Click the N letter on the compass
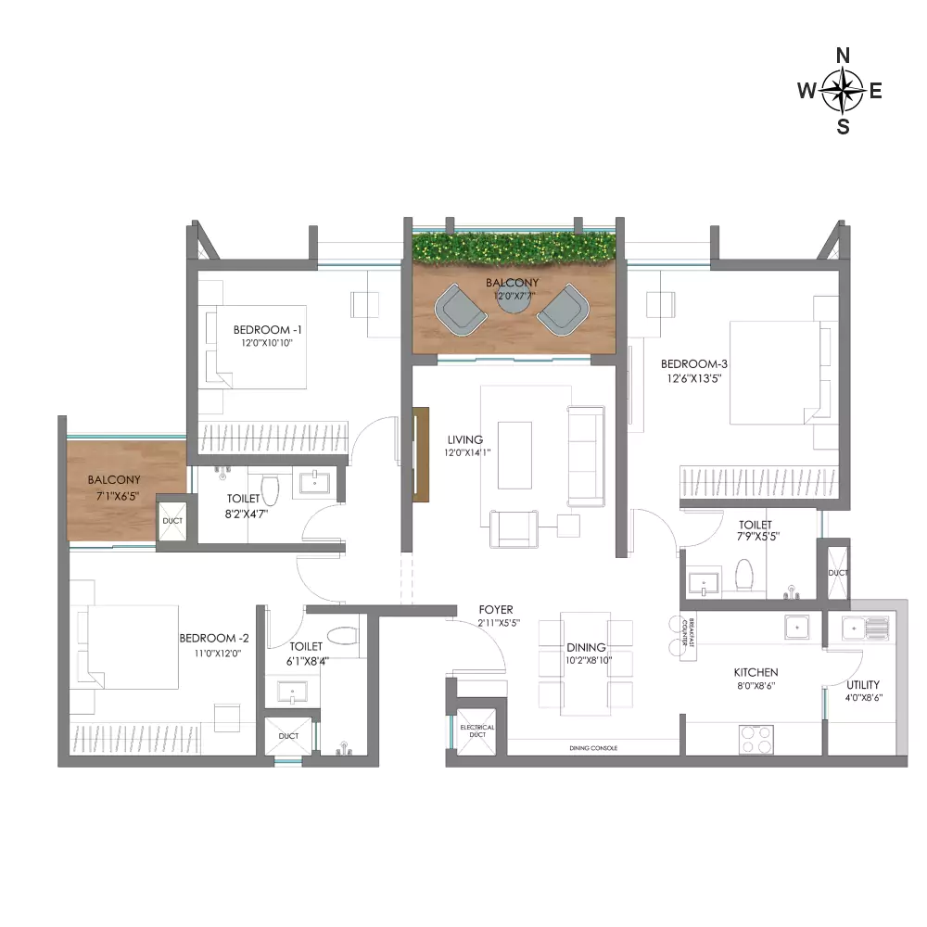click(843, 56)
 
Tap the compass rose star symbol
click(843, 91)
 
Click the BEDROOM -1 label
click(267, 329)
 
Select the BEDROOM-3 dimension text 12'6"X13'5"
click(694, 378)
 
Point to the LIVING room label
click(465, 439)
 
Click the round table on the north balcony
click(514, 299)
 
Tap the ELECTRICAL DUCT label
click(477, 730)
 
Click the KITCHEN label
click(756, 672)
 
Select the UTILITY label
click(862, 685)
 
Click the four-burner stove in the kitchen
click(756, 739)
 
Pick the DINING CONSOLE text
click(593, 748)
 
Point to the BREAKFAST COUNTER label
click(688, 632)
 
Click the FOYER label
click(496, 610)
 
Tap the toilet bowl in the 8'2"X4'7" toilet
click(270, 489)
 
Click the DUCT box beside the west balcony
click(172, 521)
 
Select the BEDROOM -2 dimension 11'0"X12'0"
click(218, 654)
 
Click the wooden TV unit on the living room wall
click(420, 454)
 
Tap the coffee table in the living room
click(514, 455)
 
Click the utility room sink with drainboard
click(865, 628)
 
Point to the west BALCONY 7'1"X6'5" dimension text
click(118, 496)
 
